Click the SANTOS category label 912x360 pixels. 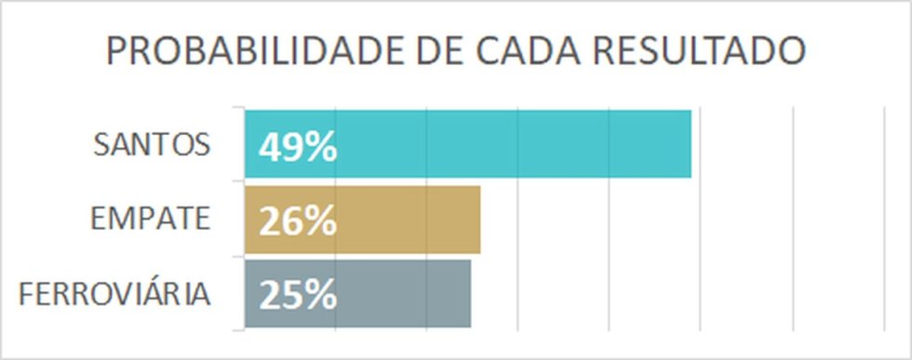tap(151, 144)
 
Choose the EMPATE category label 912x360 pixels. tap(150, 219)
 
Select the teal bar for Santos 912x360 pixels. tap(467, 143)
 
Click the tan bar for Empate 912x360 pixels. tap(362, 220)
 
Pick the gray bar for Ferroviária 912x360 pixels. tap(357, 294)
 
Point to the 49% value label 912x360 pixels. tap(298, 148)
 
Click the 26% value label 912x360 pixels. tap(298, 221)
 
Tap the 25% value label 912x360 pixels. tap(298, 296)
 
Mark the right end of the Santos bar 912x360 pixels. tap(691, 143)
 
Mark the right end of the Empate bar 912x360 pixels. tap(480, 220)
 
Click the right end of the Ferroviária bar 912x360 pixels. tap(471, 294)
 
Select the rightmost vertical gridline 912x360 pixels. tap(884, 219)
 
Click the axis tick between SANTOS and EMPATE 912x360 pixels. tap(238, 181)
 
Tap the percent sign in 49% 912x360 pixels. tap(322, 148)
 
